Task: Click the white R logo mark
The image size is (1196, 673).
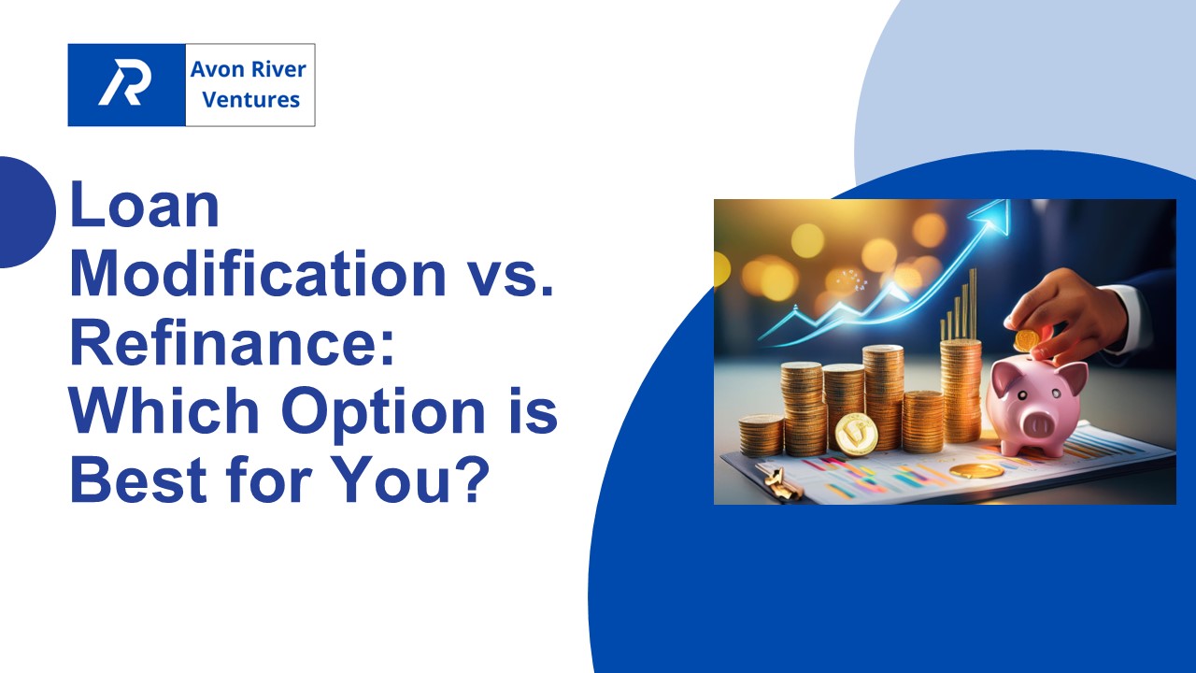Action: click(x=125, y=85)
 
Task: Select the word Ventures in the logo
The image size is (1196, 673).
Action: click(x=250, y=99)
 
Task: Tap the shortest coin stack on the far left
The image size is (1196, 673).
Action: click(x=761, y=436)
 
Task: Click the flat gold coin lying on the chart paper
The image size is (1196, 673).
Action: click(x=976, y=470)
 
